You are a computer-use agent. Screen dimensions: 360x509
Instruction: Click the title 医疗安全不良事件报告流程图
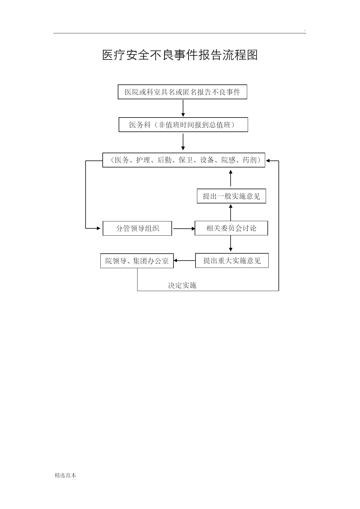[x=180, y=55]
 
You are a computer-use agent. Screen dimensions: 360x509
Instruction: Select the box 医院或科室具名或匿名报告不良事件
[x=182, y=92]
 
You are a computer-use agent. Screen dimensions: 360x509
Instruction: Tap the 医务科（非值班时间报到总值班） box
[x=183, y=125]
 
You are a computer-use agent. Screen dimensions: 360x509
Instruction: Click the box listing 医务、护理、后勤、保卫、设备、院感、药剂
[x=184, y=160]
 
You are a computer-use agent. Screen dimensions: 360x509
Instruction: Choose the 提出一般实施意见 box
[x=231, y=196]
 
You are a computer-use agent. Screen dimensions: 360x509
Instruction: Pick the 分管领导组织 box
[x=138, y=228]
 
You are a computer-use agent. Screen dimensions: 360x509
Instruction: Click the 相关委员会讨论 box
[x=231, y=228]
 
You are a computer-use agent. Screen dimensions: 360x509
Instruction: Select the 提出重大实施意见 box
[x=232, y=261]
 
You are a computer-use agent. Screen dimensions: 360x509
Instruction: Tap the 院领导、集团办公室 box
[x=137, y=261]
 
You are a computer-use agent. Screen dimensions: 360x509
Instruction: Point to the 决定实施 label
[x=182, y=286]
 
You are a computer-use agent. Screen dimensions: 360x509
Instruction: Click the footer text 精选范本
[x=66, y=475]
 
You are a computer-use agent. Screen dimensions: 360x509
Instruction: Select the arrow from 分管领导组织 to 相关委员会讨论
[x=184, y=229]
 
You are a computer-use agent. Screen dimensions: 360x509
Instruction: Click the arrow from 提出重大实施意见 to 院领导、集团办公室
[x=184, y=261]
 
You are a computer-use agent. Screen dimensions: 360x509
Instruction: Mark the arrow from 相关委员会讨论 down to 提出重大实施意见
[x=231, y=243]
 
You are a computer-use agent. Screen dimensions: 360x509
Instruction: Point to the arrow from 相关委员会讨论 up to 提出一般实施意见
[x=231, y=212]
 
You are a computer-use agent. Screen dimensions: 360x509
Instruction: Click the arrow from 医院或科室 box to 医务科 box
[x=183, y=108]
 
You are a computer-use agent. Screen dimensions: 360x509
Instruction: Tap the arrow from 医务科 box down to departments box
[x=183, y=142]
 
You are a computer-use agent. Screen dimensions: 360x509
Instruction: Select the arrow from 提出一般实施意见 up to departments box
[x=231, y=178]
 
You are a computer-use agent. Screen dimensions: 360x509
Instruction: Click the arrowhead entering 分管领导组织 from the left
[x=99, y=228]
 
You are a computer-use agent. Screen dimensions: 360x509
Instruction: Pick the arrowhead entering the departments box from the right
[x=268, y=160]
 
